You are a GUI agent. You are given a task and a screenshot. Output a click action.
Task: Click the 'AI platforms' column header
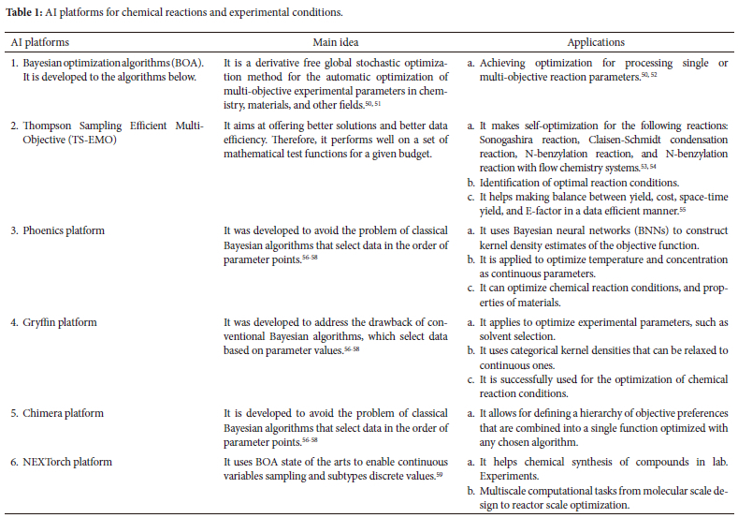(x=39, y=42)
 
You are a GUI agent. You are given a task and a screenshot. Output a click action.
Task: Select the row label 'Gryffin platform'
(x=64, y=323)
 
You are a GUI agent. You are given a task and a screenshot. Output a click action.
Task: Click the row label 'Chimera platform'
(x=65, y=414)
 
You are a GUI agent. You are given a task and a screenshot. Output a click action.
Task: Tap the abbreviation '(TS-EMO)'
(x=69, y=139)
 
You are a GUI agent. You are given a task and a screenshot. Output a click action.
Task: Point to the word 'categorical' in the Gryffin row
(x=529, y=349)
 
